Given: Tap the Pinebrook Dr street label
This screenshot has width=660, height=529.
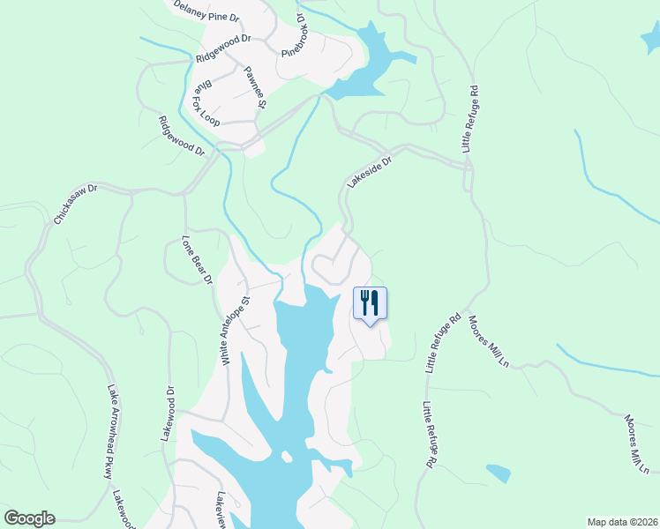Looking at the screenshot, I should (x=293, y=36).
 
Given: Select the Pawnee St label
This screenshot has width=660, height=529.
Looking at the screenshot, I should (x=255, y=87).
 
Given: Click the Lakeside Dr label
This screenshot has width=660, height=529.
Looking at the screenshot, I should (x=369, y=168).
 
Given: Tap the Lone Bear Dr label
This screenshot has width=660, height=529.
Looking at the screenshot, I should (x=198, y=259).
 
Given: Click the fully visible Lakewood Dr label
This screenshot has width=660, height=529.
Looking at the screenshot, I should (x=168, y=414).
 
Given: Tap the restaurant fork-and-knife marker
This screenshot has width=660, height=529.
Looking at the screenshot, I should (x=370, y=303).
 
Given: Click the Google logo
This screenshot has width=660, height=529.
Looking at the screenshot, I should (x=29, y=518).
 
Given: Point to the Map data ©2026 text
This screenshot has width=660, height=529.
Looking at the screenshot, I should (x=622, y=521).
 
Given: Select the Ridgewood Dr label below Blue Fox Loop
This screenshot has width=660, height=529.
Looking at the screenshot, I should (x=181, y=137).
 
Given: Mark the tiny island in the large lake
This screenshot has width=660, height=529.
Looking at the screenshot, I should (x=285, y=457).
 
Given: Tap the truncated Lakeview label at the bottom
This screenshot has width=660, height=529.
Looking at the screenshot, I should (x=221, y=510).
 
